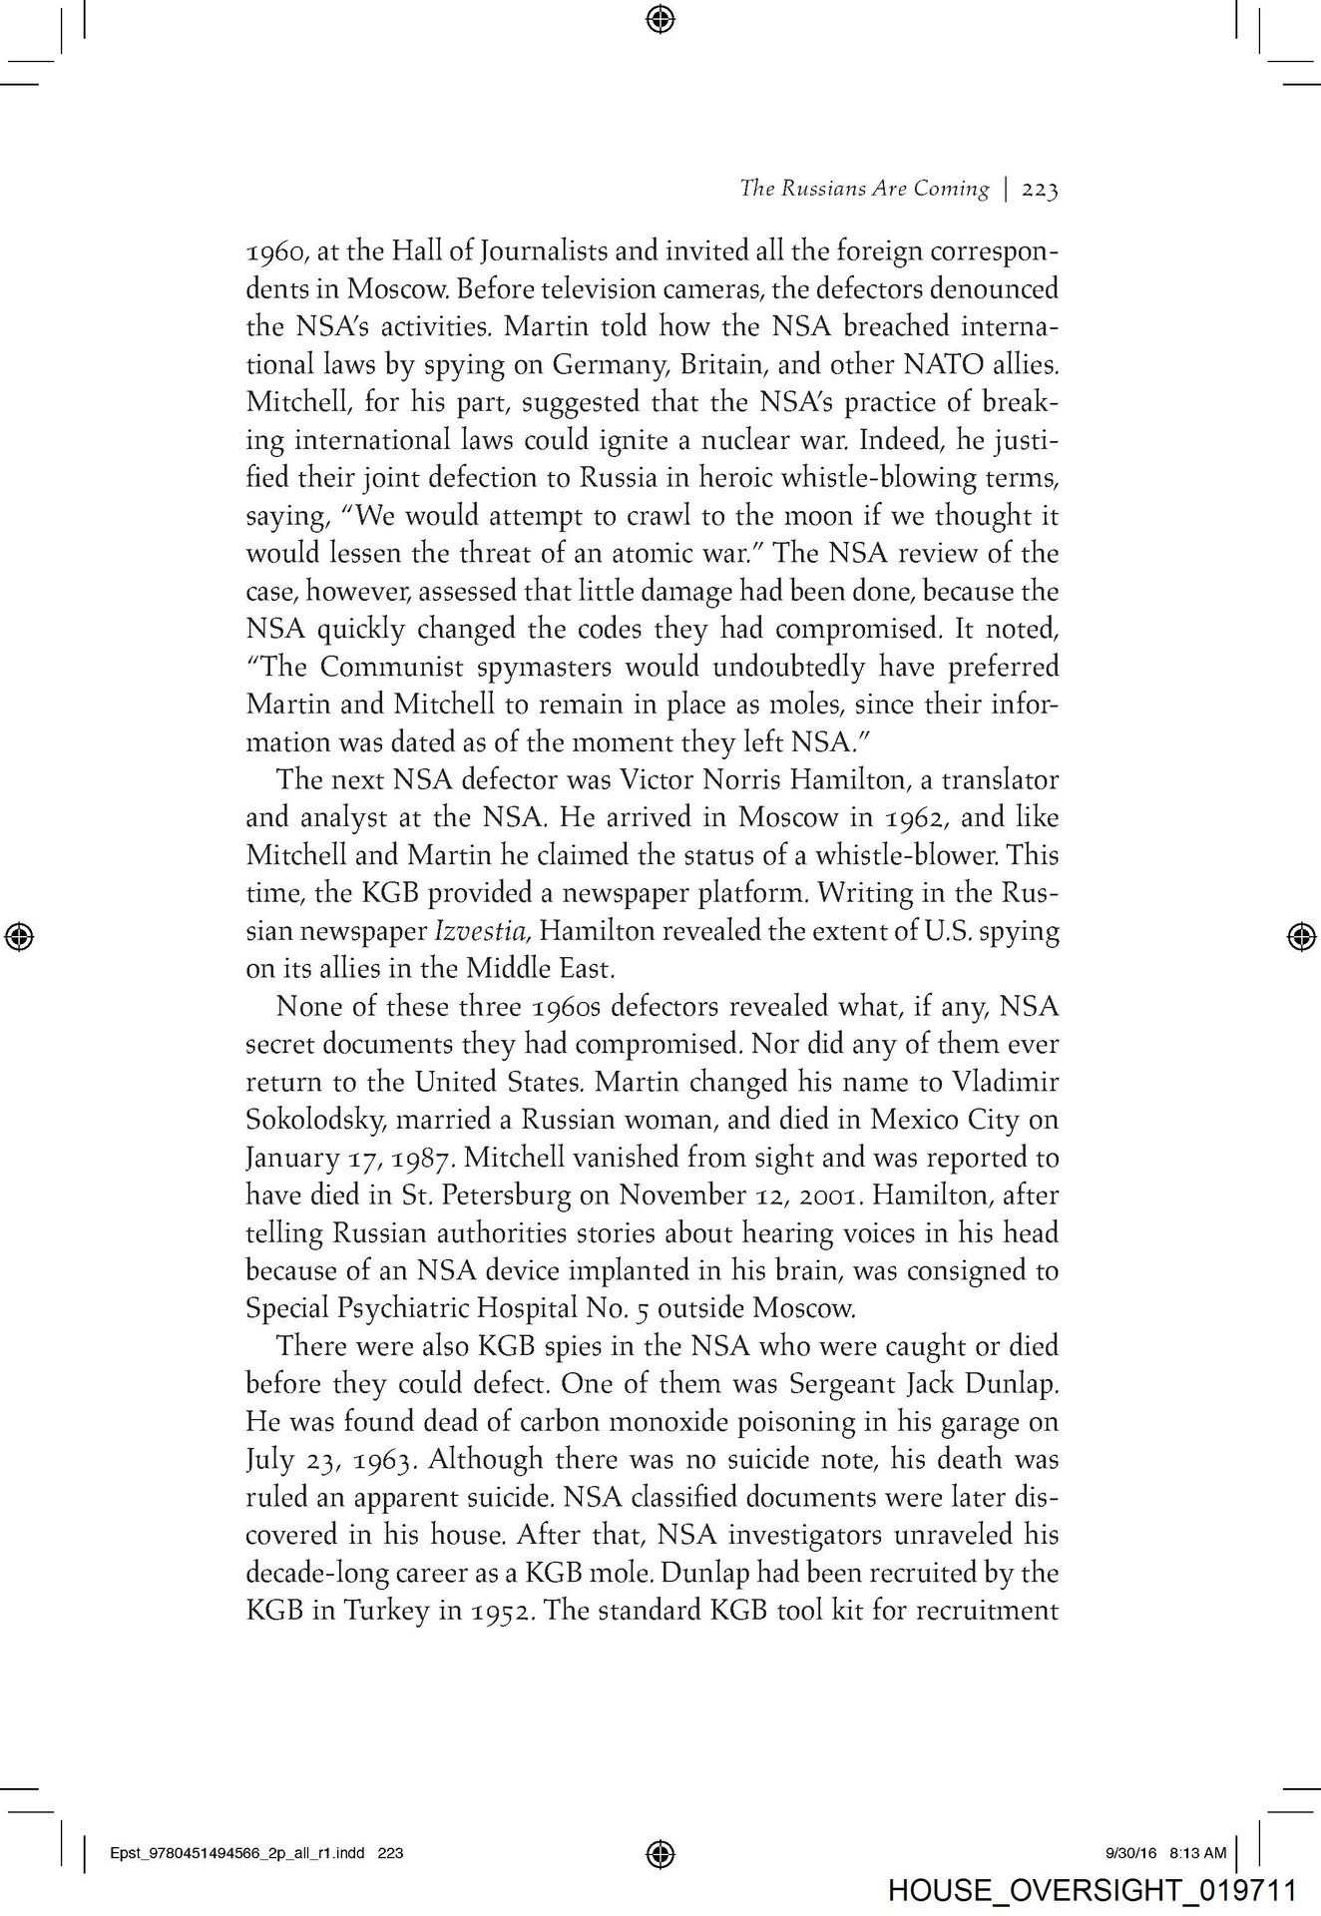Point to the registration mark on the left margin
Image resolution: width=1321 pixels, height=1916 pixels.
tap(20, 935)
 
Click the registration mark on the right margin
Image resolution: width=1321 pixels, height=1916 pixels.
tap(1299, 935)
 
